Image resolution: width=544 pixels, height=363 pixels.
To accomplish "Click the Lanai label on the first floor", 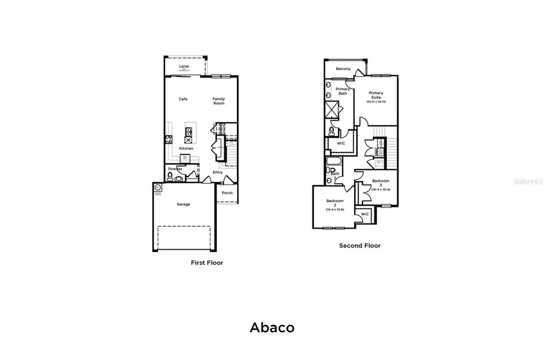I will click(x=184, y=67).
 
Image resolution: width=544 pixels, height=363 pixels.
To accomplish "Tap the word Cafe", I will click(x=183, y=99).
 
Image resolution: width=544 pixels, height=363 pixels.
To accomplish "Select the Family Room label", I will click(x=218, y=101).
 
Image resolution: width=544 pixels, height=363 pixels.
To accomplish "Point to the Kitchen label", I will click(x=186, y=148).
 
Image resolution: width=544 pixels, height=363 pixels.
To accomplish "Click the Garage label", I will click(x=183, y=204).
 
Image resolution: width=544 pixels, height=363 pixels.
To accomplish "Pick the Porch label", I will click(x=227, y=193).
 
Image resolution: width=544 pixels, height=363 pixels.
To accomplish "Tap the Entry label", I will click(x=218, y=172).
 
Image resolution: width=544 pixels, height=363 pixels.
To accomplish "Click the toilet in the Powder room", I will click(x=170, y=177).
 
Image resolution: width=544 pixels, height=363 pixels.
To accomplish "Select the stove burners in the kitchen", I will click(x=169, y=139).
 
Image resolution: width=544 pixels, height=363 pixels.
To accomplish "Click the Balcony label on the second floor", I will click(x=343, y=69).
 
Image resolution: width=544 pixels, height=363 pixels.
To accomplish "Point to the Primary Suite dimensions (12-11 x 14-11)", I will click(x=376, y=102).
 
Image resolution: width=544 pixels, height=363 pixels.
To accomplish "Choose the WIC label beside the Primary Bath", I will click(x=342, y=143).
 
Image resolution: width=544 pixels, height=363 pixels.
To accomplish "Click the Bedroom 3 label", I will click(x=381, y=183).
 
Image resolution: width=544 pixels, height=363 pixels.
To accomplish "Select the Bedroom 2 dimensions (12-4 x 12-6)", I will click(x=335, y=209).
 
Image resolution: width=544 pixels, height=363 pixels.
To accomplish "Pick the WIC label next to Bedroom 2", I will click(x=365, y=214).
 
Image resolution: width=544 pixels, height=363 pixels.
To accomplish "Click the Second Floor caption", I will click(x=359, y=246).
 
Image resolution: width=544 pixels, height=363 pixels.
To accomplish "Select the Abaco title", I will click(x=272, y=327).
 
